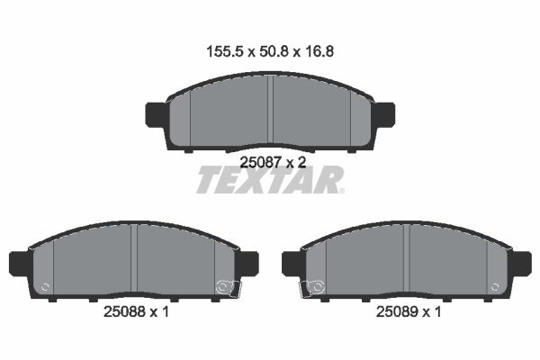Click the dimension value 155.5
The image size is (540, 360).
coord(225,52)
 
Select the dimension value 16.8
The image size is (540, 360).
coord(319,52)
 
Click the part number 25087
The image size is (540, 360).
coord(261,162)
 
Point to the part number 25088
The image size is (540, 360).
coord(125,312)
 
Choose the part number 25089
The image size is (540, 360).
coord(397,312)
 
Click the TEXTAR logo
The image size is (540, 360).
coord(270,180)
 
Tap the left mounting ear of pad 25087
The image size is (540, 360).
coord(157,114)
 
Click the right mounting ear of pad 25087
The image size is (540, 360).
coord(383,114)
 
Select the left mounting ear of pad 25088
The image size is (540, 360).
coord(21,264)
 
